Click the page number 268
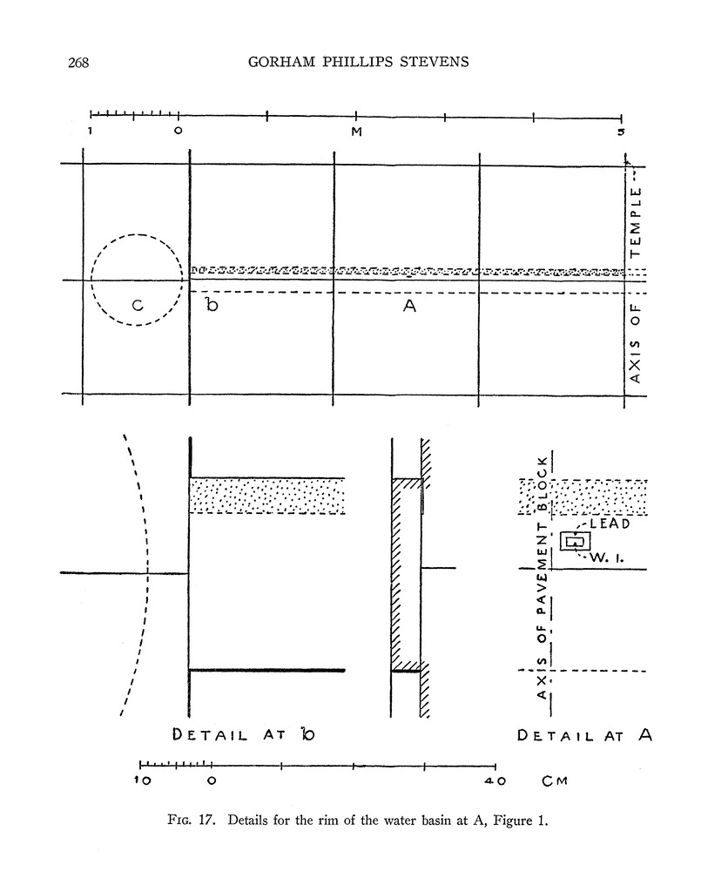pos(78,63)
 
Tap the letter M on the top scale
pos(356,132)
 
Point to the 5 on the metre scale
pos(621,132)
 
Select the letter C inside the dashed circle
pos(138,306)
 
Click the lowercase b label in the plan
pos(212,305)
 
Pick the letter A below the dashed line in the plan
pos(409,306)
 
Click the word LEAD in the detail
pos(610,524)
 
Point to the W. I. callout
pos(606,558)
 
